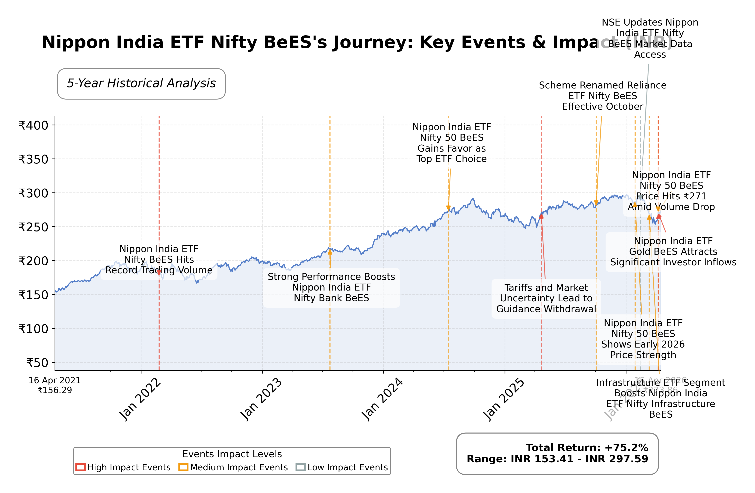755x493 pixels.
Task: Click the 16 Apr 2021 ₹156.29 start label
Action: tap(55, 385)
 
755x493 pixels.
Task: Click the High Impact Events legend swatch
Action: tap(81, 467)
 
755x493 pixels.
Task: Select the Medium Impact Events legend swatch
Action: tap(183, 467)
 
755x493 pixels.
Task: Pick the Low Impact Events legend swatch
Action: tap(300, 467)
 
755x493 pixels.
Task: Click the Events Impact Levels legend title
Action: tap(232, 454)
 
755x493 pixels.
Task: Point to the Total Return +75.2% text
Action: tap(587, 448)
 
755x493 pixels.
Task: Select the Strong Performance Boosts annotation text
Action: tap(331, 287)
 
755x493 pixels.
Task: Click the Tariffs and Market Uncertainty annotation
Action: tap(546, 298)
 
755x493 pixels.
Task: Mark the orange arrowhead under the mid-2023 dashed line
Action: tap(330, 252)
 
